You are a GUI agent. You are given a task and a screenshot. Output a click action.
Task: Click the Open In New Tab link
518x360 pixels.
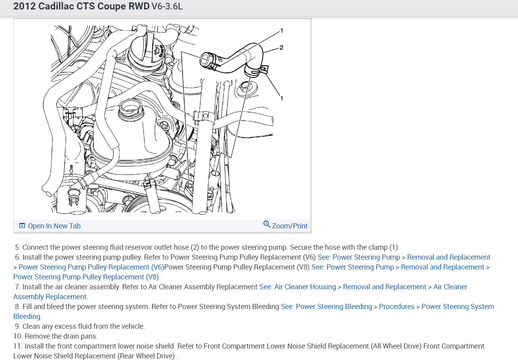point(54,226)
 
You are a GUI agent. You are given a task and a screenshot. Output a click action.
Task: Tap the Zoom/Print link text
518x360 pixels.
point(289,226)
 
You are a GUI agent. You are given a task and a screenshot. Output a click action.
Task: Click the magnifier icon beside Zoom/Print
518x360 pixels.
point(267,224)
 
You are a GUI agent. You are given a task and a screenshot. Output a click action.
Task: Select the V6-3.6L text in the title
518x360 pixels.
point(167,6)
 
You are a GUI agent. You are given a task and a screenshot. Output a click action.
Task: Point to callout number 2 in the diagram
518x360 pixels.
point(281,47)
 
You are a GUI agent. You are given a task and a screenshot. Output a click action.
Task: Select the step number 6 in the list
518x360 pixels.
point(17,257)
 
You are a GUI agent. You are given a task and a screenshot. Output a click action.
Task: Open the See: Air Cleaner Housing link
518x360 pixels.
point(297,287)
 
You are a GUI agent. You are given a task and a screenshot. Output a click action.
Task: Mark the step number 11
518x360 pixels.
point(18,346)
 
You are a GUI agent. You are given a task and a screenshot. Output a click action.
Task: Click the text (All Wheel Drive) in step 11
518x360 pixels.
point(396,346)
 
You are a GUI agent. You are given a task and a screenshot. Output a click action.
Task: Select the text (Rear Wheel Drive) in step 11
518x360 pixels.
point(146,356)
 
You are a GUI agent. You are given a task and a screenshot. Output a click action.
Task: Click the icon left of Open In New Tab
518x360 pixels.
point(22,226)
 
